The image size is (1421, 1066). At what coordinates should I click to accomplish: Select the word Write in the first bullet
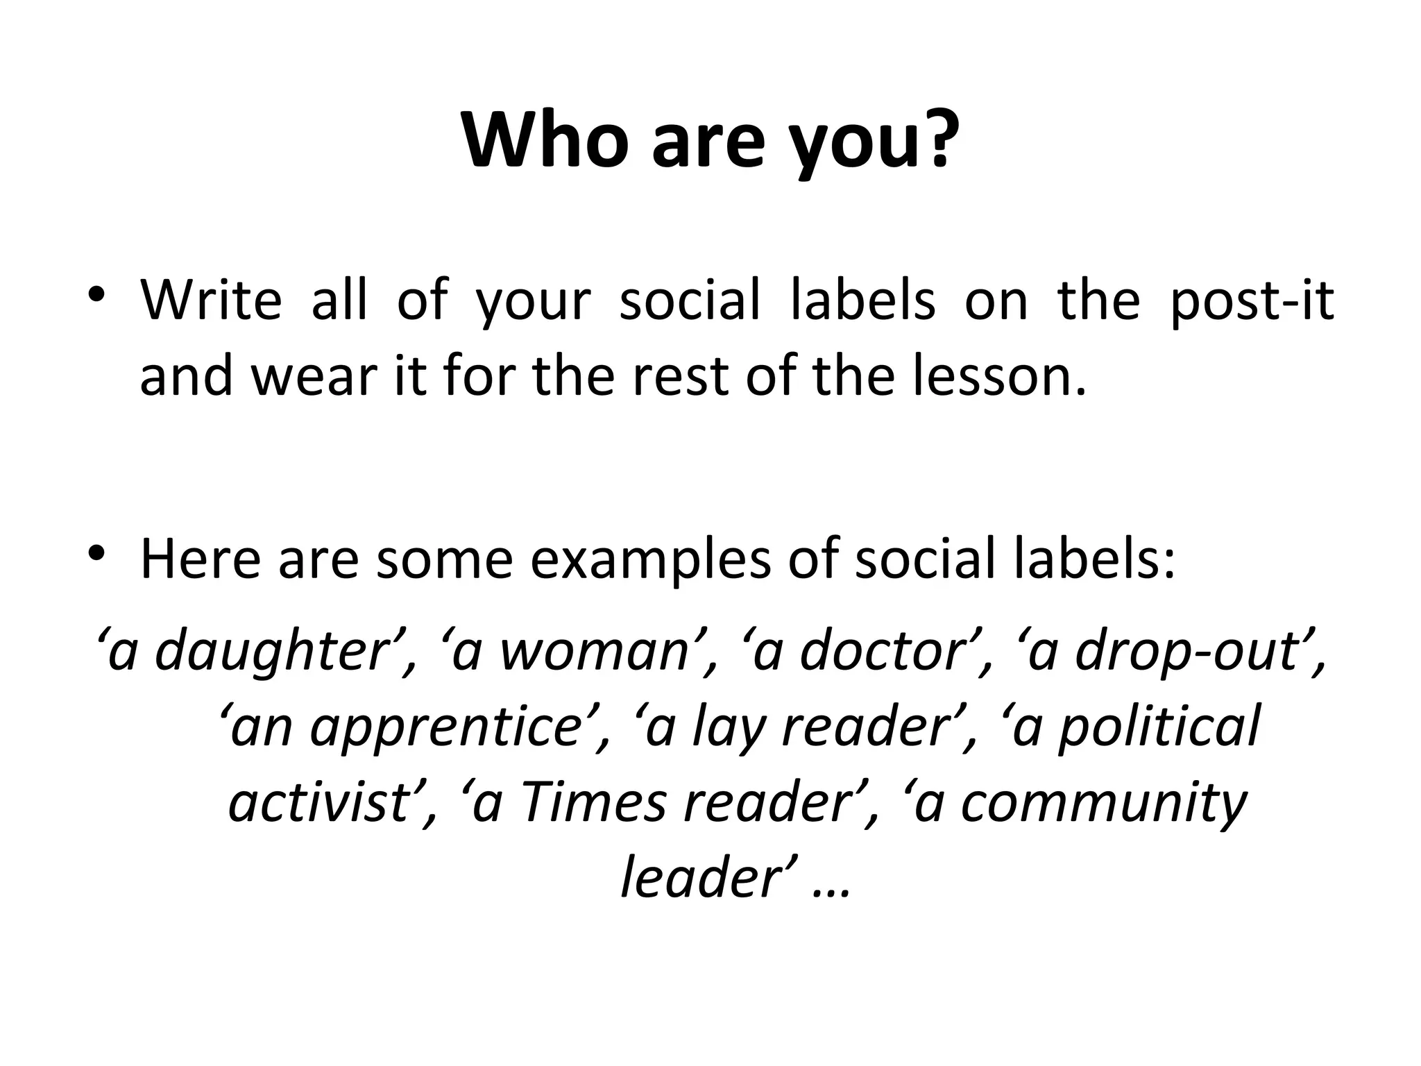pos(211,301)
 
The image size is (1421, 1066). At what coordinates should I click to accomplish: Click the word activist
pos(318,803)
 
